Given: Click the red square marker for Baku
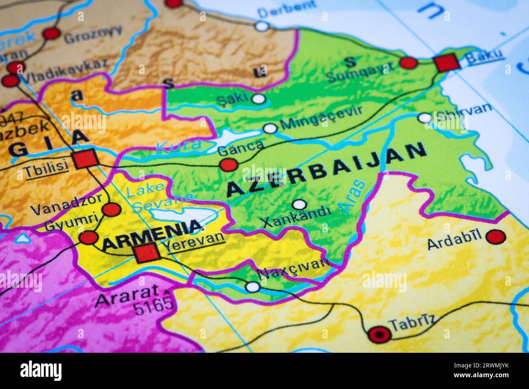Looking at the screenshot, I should coord(446,63).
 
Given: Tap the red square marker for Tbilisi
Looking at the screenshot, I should coord(85,159).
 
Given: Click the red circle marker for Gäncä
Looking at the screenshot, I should coord(228,165).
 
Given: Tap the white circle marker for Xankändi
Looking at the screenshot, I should coord(299,204).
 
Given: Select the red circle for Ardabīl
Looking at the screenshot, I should coord(495,236).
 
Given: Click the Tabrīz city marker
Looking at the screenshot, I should coord(379,334).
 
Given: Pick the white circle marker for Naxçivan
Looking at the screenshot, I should coord(253,287).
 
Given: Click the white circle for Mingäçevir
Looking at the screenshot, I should coord(270,129).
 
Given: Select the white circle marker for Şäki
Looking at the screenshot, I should coord(258,98).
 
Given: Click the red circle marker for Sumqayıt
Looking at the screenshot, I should coord(409,62).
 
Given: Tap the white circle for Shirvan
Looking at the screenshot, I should coord(424,118).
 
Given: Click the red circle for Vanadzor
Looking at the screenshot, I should coord(111,210).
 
